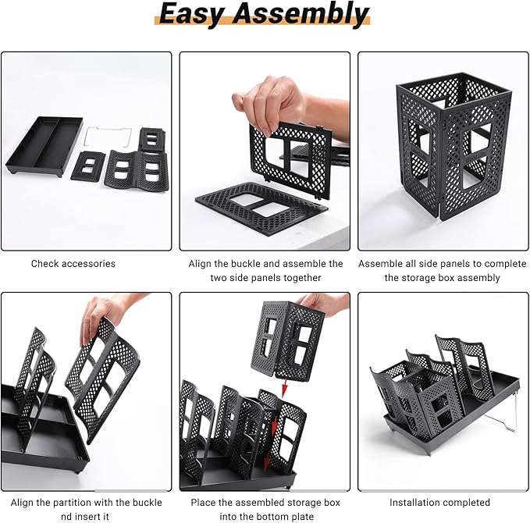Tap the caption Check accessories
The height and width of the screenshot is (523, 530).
(x=73, y=264)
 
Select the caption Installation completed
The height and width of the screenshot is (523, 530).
(x=440, y=502)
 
